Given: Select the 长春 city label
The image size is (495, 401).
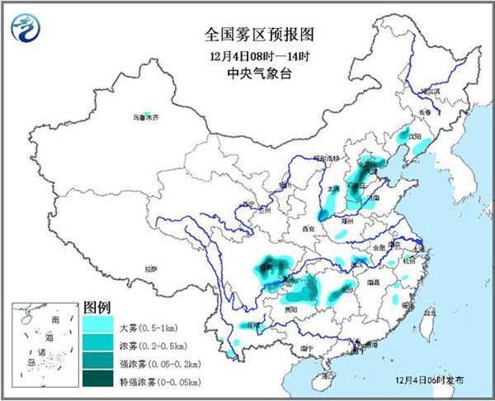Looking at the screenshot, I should (x=424, y=111).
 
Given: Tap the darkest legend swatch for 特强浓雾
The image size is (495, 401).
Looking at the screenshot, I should (x=97, y=379).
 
